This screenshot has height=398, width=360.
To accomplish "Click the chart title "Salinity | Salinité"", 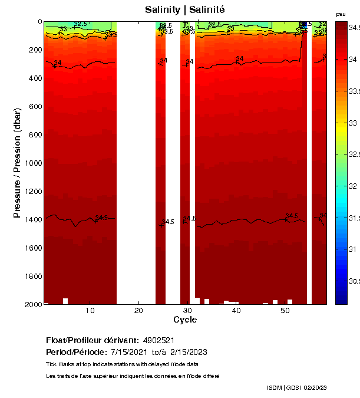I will pos(184,10).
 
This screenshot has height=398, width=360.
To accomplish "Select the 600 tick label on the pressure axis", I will pos(33,106).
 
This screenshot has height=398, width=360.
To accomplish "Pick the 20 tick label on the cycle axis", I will pos(138,311).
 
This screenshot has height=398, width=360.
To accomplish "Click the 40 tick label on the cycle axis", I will pos(236,311).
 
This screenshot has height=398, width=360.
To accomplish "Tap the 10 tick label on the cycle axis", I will pos(90,311).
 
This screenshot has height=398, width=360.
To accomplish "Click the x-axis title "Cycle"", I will pos(185,320).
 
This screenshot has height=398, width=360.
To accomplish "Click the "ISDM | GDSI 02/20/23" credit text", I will pos(296,387).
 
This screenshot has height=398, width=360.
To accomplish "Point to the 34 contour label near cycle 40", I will pos(240,58).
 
